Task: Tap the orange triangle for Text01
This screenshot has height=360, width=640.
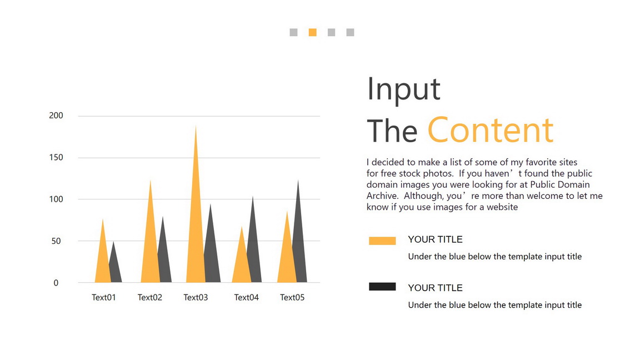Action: pos(102,261)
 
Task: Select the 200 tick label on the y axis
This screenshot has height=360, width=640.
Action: pos(56,116)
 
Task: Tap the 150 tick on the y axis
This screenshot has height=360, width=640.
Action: pos(56,158)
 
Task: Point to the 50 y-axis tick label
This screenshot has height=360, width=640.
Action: pos(56,241)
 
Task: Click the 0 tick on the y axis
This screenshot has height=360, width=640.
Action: pos(56,283)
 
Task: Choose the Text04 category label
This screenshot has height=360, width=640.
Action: pos(246,298)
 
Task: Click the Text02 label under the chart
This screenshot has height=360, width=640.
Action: pos(150,298)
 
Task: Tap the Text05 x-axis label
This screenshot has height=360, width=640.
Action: pos(292,298)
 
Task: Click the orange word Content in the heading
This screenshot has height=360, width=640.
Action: pos(491,130)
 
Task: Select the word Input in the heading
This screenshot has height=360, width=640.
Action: pos(404,89)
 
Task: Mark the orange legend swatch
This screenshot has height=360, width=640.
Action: pos(382,241)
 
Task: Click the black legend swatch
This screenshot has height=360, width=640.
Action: pos(382,287)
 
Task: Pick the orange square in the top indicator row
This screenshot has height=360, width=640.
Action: pos(313,32)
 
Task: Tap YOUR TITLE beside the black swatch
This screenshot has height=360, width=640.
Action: pos(435,288)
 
